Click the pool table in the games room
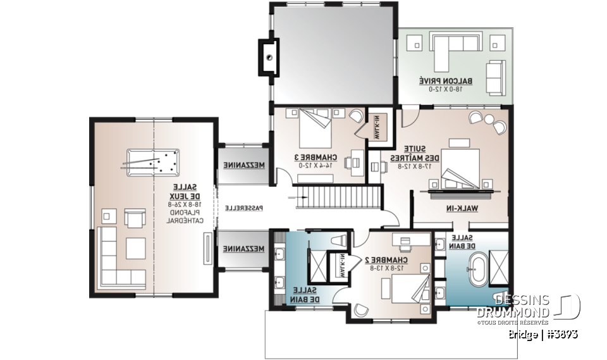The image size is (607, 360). tap(152, 161)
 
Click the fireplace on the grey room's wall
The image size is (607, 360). tap(269, 58)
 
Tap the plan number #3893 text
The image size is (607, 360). tap(559, 333)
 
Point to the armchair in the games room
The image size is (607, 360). tap(135, 218)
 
